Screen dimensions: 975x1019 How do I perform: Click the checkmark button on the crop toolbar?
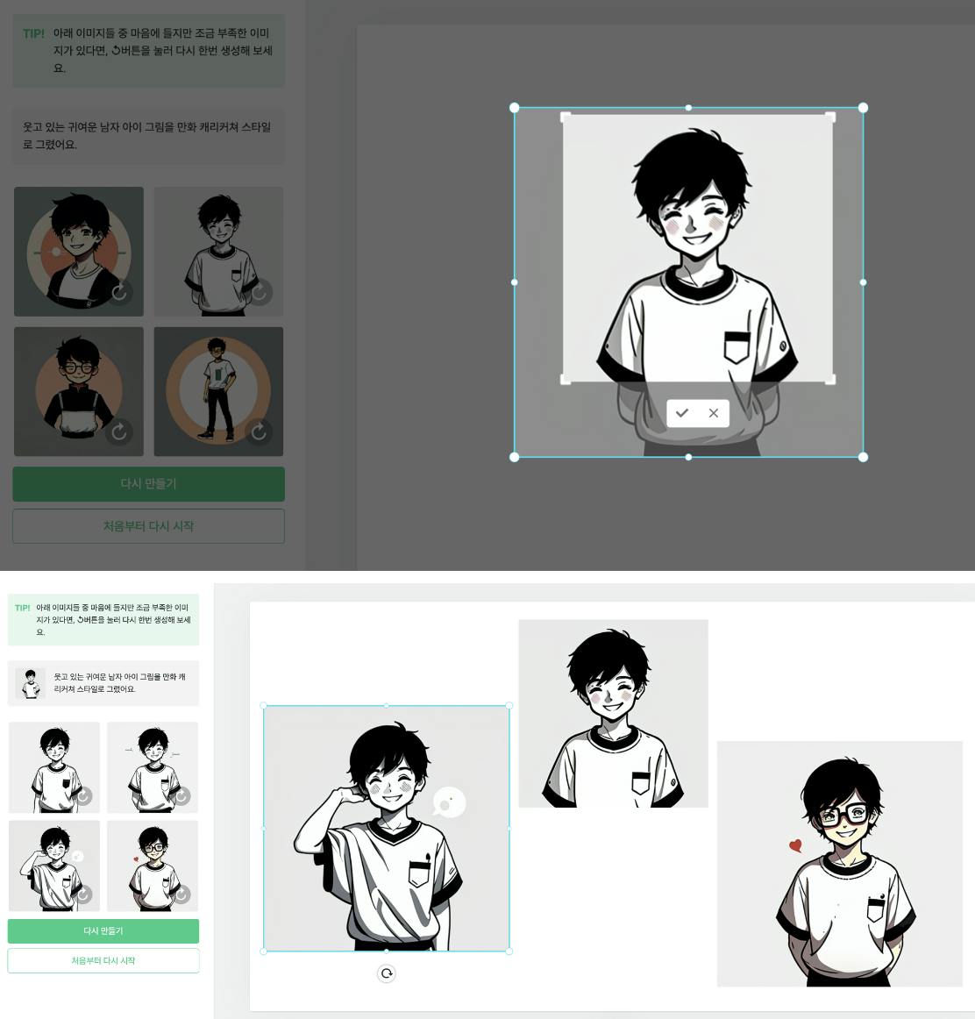(682, 413)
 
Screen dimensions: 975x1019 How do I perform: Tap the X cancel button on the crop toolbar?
(713, 413)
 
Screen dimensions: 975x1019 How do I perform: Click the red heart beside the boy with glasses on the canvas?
(795, 845)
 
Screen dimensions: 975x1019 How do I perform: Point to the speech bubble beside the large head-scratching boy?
(449, 802)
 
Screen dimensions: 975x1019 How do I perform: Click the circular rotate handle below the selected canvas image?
(387, 973)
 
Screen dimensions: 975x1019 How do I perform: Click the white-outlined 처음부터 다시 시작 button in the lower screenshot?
(103, 960)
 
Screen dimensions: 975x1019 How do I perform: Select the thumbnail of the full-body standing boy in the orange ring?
(218, 391)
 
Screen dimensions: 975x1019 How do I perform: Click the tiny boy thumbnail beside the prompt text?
(30, 683)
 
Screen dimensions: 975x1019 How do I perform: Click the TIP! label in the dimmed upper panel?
(34, 34)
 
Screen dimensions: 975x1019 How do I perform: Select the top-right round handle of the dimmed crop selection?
(863, 108)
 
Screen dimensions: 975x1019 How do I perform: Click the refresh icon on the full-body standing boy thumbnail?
(259, 431)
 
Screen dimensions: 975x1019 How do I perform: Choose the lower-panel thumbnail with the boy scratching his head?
(54, 866)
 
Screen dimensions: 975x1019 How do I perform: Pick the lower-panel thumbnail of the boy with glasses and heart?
(153, 866)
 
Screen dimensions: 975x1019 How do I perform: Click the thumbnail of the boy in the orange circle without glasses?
(79, 252)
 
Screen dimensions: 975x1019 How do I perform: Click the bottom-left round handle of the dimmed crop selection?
(515, 458)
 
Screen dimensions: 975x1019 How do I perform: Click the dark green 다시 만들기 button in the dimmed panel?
(149, 484)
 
